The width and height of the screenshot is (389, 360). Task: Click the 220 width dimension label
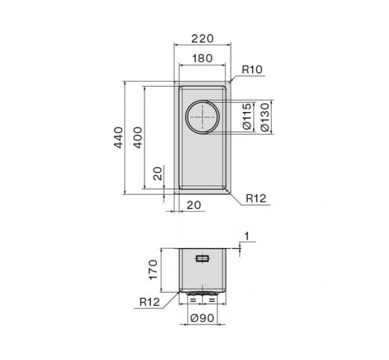[203, 38]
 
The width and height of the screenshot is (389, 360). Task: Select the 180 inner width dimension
[203, 58]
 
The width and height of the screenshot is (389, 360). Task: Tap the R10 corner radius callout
[252, 70]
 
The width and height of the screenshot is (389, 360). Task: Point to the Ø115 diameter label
[247, 117]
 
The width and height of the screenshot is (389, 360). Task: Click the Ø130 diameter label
[265, 117]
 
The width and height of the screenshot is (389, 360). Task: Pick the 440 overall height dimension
[118, 138]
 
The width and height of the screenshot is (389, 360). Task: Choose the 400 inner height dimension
[138, 138]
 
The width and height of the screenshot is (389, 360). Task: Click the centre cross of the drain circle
[203, 117]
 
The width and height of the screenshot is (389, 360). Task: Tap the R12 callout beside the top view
[256, 198]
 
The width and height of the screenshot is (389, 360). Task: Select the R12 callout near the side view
[150, 302]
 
